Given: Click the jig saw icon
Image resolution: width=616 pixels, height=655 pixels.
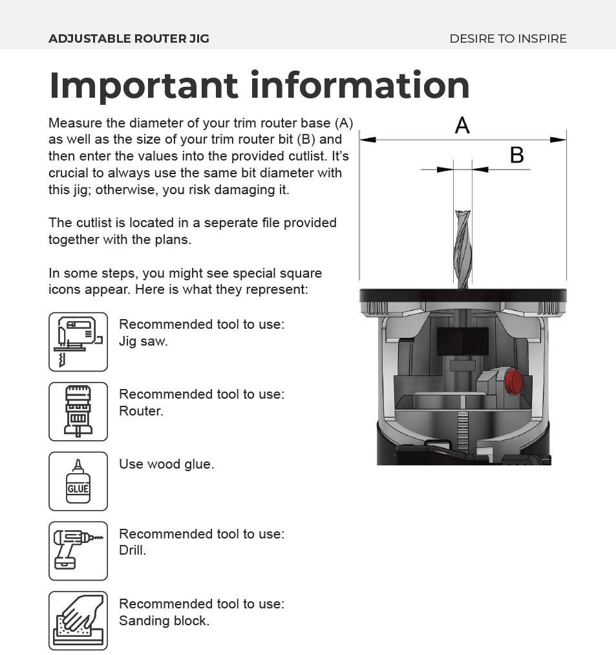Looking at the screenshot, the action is click(78, 342).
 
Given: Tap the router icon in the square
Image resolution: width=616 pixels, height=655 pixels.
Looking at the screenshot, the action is click(78, 412).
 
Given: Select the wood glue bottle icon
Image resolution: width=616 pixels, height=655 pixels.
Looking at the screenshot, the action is click(78, 482).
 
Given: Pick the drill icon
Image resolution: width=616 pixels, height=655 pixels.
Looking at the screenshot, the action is click(78, 551).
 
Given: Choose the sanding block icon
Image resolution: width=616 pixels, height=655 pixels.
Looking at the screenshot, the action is click(78, 621).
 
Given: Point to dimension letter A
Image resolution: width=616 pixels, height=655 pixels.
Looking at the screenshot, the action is click(462, 126).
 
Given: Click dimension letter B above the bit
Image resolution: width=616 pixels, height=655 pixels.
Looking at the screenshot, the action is click(516, 155).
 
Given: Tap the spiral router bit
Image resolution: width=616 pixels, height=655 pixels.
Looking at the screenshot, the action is click(463, 249).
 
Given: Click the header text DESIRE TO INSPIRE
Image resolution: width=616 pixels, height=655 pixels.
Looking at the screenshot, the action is click(508, 39).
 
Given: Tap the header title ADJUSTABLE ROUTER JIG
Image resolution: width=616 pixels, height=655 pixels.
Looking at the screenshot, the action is click(129, 39).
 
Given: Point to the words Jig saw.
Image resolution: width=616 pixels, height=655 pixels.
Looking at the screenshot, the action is click(143, 341).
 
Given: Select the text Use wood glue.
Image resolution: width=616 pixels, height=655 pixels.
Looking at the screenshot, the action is click(166, 464).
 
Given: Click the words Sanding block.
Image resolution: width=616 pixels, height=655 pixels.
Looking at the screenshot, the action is click(164, 621).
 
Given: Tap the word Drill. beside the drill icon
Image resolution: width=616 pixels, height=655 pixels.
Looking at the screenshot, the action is click(133, 550).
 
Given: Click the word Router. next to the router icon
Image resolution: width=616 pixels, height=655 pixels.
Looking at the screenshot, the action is click(141, 411).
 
